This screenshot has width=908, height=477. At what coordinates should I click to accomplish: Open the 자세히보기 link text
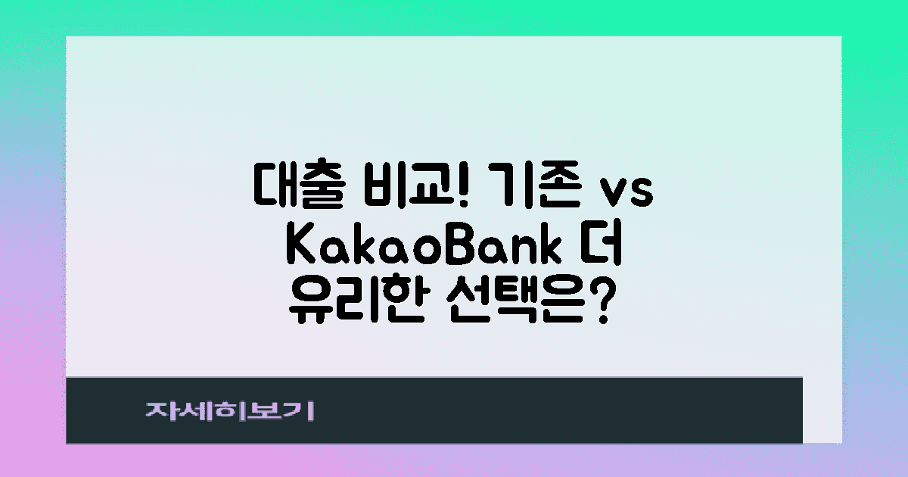pos(230,410)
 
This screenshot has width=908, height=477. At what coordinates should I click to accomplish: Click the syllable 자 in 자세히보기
pos(160,410)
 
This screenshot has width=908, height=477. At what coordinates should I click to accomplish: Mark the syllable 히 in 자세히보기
pos(231,410)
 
